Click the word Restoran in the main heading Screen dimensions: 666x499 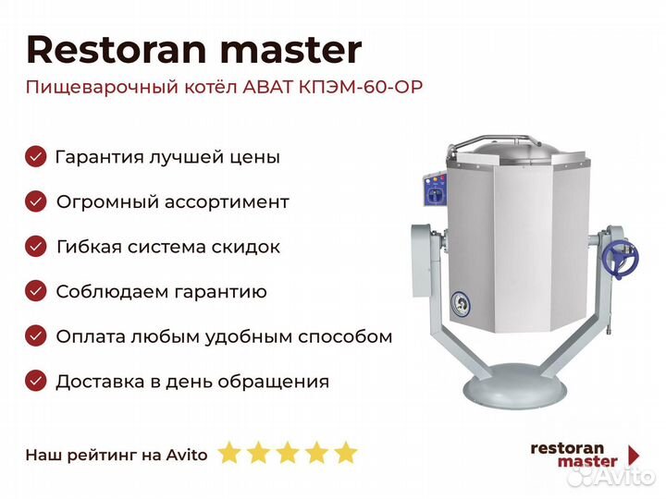pos(117,50)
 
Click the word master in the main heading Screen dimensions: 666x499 pos(291,50)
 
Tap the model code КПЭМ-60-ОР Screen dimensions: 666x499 pos(361,87)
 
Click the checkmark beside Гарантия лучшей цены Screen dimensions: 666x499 pos(36,156)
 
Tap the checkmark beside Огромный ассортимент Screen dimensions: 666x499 pos(36,201)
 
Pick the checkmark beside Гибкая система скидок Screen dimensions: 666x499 pos(36,247)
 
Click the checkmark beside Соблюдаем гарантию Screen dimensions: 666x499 pos(36,291)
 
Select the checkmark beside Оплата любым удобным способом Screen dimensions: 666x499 pos(36,336)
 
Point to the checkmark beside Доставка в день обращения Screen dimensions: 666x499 pos(36,381)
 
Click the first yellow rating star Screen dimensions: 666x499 pos(229,452)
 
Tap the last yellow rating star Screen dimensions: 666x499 pos(346,452)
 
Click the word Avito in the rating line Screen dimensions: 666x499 pos(187,455)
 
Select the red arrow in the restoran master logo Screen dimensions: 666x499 pos(635,455)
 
